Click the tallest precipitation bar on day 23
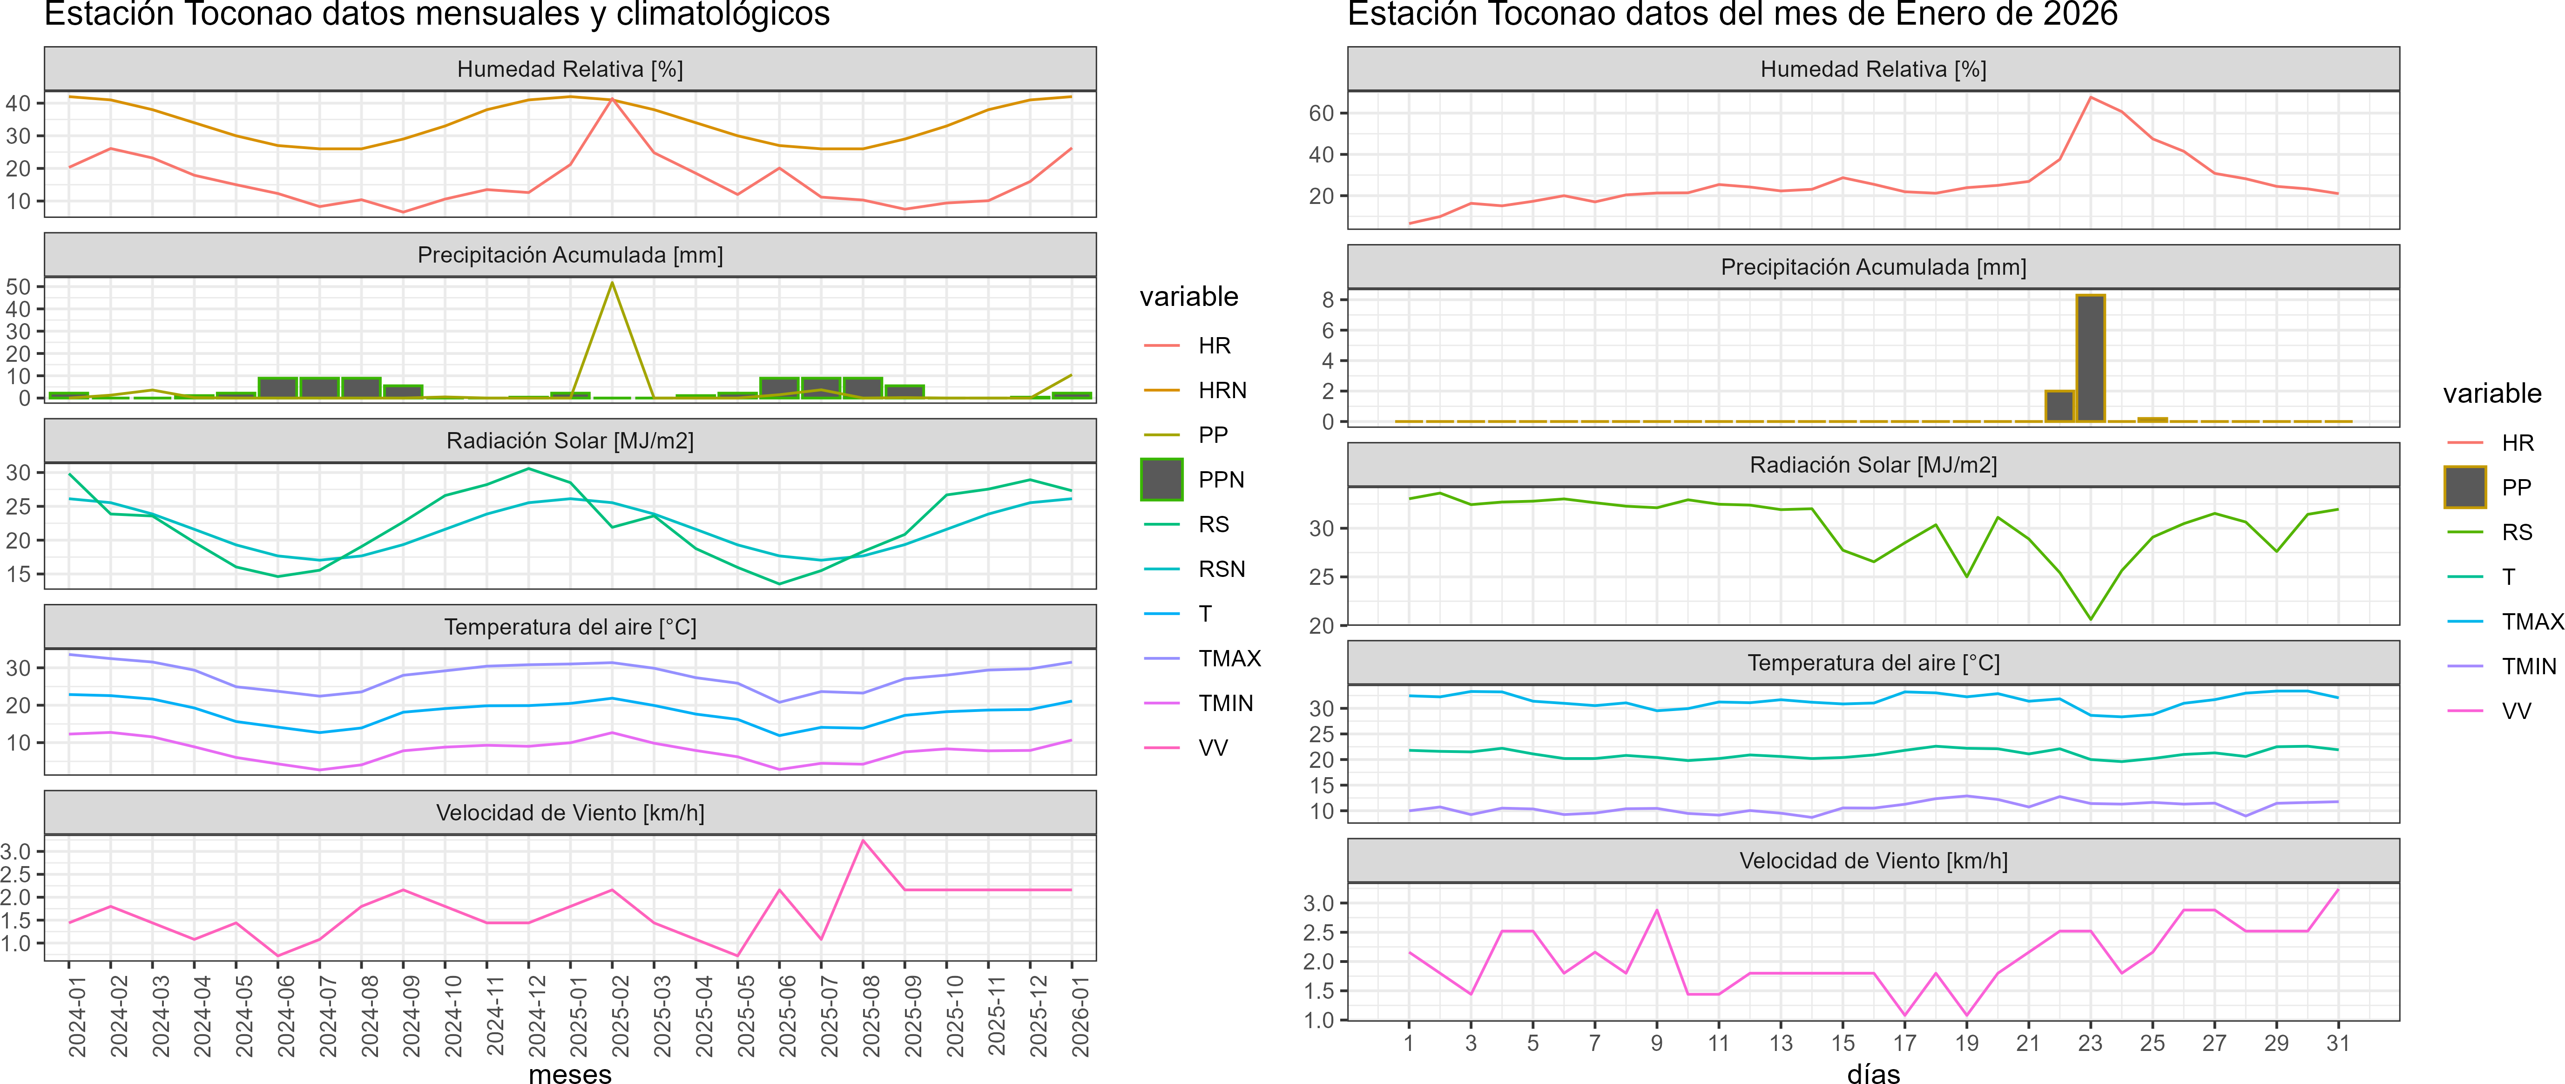(2090, 359)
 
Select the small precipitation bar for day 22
(2059, 406)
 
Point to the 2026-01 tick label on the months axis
(1080, 1016)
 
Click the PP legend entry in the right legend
(2516, 487)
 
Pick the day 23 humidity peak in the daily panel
(2090, 98)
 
